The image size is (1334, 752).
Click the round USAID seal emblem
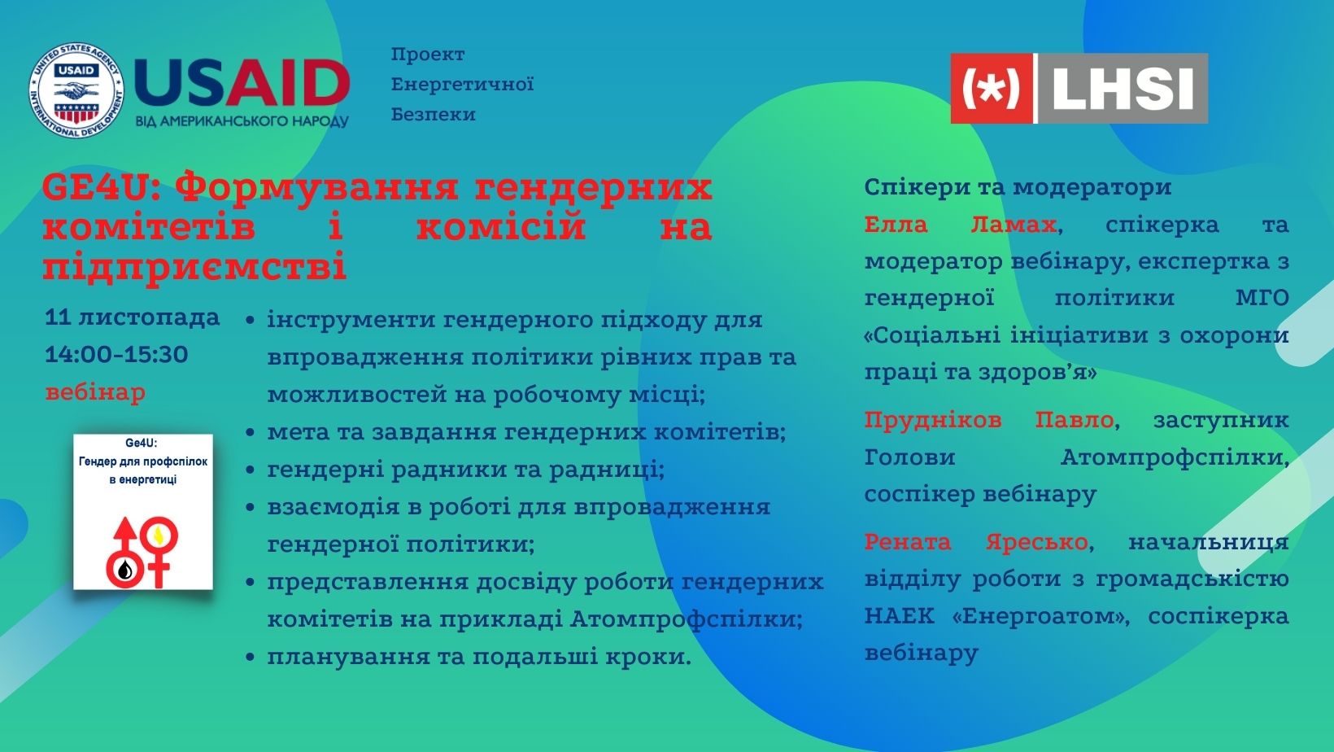[x=76, y=90]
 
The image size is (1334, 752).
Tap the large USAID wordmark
[x=242, y=83]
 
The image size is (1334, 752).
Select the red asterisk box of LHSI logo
[x=991, y=88]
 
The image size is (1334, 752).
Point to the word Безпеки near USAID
[x=433, y=114]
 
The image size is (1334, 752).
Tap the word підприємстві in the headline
[x=194, y=266]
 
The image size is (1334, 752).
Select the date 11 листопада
[x=133, y=318]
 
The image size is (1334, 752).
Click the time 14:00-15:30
[x=117, y=355]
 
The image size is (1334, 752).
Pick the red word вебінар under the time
[x=95, y=392]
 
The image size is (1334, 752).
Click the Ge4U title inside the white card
[x=142, y=443]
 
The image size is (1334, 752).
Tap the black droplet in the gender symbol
[x=124, y=571]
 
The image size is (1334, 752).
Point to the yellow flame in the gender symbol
[x=159, y=535]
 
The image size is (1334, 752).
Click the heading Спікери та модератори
[x=1018, y=187]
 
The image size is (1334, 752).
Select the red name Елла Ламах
[x=961, y=225]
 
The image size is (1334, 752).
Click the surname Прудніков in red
[x=933, y=420]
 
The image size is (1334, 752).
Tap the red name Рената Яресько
[x=976, y=542]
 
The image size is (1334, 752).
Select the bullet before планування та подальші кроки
[x=251, y=658]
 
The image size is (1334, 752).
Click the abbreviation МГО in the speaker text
[x=1262, y=297]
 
